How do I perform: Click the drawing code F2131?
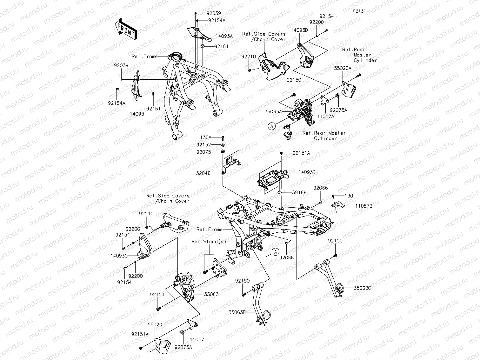(359, 11)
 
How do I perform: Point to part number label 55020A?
(342, 68)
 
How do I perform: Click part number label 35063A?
(273, 111)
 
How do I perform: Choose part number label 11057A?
(325, 117)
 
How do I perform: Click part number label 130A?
(206, 137)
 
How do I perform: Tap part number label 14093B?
(307, 172)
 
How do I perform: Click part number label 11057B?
(364, 206)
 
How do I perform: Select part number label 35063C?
(363, 288)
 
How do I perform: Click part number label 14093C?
(119, 255)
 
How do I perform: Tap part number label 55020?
(155, 325)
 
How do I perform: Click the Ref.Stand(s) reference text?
(209, 242)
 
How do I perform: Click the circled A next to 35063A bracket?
(271, 126)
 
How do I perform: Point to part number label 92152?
(203, 145)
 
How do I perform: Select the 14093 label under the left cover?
(137, 114)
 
